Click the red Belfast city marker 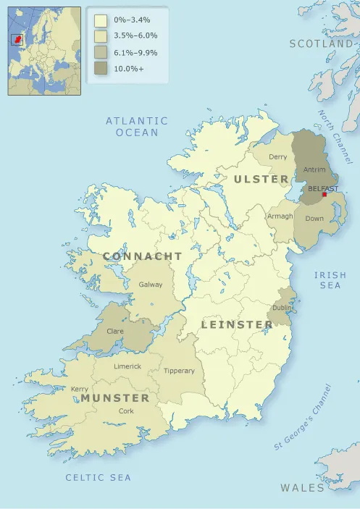[x=324, y=194]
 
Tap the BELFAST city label [x=323, y=188]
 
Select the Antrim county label [x=314, y=170]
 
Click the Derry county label [x=277, y=156]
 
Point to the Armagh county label [x=280, y=216]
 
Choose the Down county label [x=314, y=218]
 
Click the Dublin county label [x=282, y=308]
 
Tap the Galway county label [x=151, y=285]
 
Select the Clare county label [x=115, y=331]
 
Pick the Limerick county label [x=127, y=366]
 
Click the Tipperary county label [x=179, y=371]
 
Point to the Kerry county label [x=80, y=389]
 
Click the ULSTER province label [x=261, y=178]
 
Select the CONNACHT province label [x=143, y=256]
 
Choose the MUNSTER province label [x=115, y=398]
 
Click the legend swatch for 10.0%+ [x=101, y=69]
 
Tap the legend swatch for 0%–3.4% [x=101, y=20]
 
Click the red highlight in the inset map [x=18, y=38]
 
